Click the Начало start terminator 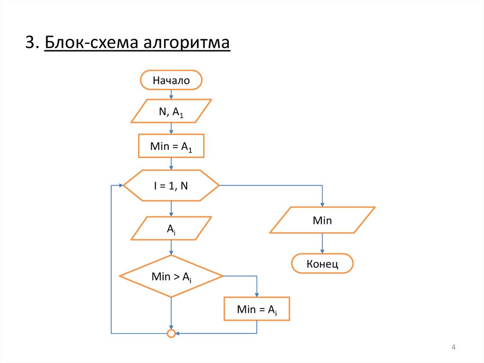[171, 80]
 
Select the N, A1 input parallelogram [171, 111]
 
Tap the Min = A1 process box [171, 146]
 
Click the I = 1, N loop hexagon [171, 186]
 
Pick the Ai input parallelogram [171, 229]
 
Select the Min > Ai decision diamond [171, 276]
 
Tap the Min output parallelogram [322, 220]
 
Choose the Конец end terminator [322, 264]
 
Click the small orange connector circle [171, 334]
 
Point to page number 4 [453, 348]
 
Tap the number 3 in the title [31, 43]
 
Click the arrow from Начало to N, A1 [171, 94]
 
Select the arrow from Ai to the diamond [171, 248]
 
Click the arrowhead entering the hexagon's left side [120, 186]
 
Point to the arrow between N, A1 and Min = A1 [171, 129]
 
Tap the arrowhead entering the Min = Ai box [257, 294]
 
